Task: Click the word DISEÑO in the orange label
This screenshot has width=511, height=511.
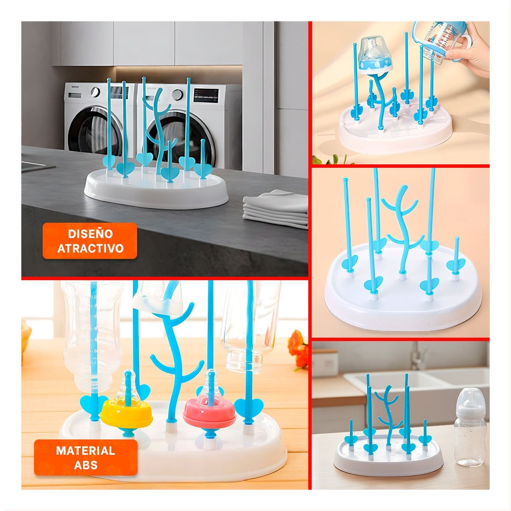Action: pos(90,234)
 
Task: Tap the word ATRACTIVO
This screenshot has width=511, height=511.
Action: pos(90,248)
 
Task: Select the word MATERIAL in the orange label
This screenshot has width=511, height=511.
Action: pos(86,451)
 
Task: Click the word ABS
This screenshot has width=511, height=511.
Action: pos(86,465)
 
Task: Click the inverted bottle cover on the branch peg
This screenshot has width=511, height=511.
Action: pos(375,55)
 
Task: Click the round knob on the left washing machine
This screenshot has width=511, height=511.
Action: pos(95,92)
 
